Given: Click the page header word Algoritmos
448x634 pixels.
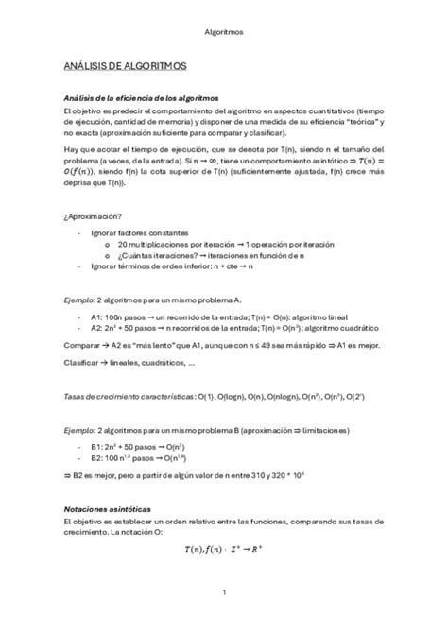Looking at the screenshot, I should pyautogui.click(x=224, y=31).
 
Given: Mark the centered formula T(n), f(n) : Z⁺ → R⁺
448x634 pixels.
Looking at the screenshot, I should pyautogui.click(x=224, y=546).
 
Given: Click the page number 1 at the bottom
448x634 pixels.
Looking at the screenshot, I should pyautogui.click(x=224, y=592).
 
